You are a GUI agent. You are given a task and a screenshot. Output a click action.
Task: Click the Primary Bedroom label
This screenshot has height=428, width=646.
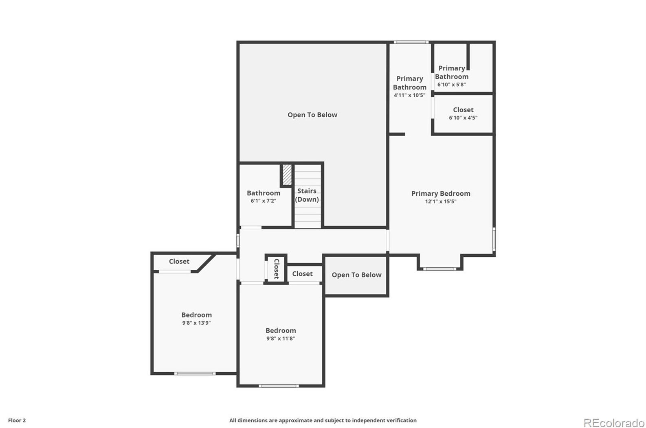click(440, 194)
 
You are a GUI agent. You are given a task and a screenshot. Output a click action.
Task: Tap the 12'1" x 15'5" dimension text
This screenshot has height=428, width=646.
click(440, 201)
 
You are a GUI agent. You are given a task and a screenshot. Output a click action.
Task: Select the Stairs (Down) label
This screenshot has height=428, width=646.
click(307, 195)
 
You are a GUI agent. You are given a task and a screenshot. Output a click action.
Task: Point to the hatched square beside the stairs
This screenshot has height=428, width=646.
click(287, 174)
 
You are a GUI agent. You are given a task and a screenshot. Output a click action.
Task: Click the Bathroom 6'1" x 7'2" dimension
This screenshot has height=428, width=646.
click(263, 201)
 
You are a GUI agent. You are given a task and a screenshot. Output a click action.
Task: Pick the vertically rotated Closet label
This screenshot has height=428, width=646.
click(277, 269)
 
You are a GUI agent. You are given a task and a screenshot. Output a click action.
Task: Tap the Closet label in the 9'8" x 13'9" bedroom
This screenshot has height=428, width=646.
click(179, 262)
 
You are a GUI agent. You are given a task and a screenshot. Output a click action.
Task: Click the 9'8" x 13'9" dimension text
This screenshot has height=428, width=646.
click(196, 323)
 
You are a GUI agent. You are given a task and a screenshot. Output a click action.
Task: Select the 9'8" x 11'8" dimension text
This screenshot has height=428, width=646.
click(281, 338)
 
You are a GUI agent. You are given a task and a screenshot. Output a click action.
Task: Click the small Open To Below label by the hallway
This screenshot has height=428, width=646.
click(356, 275)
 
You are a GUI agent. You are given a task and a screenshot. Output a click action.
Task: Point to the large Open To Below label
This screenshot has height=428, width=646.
click(312, 115)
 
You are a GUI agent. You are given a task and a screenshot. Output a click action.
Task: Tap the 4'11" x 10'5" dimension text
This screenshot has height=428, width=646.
click(409, 95)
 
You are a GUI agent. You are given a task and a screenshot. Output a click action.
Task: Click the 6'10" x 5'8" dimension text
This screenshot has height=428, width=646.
click(451, 85)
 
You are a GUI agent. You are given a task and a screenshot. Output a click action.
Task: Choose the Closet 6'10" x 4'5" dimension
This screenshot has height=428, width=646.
click(463, 118)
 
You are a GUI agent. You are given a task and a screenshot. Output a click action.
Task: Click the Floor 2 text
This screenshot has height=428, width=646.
click(17, 420)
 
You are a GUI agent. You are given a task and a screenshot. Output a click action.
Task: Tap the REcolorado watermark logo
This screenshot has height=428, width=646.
click(613, 423)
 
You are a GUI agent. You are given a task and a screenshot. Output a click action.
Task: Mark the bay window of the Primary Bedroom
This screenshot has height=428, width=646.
click(439, 269)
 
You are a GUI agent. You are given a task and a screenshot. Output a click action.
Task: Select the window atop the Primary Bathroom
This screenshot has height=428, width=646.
click(411, 42)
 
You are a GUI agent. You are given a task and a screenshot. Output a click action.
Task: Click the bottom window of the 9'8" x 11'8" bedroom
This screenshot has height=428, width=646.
click(279, 386)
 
